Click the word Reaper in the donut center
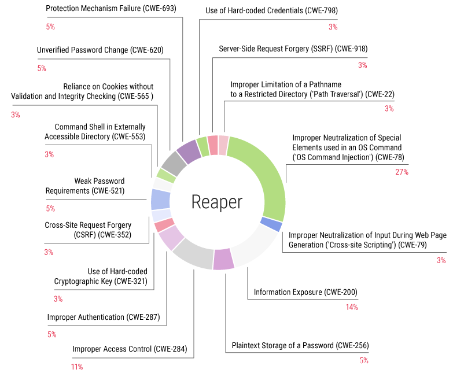(217, 202)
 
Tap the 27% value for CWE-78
(402, 172)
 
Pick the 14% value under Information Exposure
(351, 307)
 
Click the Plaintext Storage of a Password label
(300, 345)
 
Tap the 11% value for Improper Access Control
(77, 367)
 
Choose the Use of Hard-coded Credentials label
(271, 10)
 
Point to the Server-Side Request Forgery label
(293, 49)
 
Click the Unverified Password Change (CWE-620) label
(100, 50)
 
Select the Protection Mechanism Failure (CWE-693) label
(111, 8)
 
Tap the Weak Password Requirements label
(85, 186)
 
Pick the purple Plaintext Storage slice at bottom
(224, 258)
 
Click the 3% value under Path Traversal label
(389, 108)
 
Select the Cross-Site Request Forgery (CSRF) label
(88, 230)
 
